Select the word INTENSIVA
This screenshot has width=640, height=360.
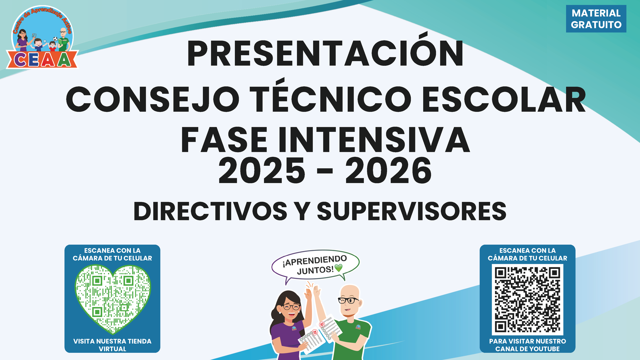click(374, 140)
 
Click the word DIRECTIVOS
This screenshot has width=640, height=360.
click(210, 211)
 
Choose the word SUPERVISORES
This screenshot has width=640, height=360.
click(412, 211)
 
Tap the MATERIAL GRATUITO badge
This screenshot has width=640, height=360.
click(596, 19)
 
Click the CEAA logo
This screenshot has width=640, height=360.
click(42, 37)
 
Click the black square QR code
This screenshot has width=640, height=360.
click(528, 300)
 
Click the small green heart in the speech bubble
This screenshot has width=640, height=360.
click(338, 268)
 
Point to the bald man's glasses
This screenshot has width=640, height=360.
click(348, 300)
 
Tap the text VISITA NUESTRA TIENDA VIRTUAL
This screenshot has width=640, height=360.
click(112, 345)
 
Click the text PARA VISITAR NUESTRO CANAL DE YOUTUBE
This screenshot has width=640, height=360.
click(528, 345)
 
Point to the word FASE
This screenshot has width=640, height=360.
click(224, 140)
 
